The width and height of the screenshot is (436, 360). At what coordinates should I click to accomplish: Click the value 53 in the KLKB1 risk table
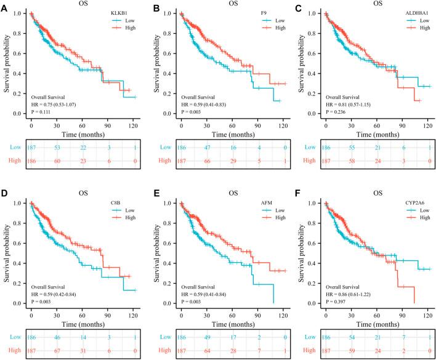[55, 148]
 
